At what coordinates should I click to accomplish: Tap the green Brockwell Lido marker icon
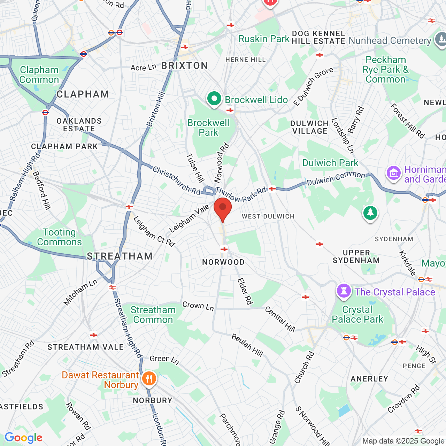[214, 99]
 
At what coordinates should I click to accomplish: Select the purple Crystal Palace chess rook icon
[344, 291]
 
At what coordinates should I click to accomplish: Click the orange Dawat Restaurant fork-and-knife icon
[149, 378]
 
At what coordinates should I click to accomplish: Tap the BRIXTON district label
[184, 66]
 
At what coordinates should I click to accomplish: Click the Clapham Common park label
[39, 75]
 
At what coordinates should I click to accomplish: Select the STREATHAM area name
[120, 256]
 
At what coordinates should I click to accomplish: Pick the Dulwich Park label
[330, 163]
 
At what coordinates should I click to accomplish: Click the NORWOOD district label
[223, 262]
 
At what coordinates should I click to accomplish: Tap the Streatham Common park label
[153, 315]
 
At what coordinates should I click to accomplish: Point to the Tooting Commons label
[59, 237]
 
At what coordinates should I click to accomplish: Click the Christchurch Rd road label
[177, 181]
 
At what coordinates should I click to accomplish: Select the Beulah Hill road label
[247, 345]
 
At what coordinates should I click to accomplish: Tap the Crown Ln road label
[198, 306]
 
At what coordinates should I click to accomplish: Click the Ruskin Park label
[264, 39]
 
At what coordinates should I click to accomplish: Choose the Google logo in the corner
[24, 438]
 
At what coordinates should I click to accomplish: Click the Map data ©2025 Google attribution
[403, 441]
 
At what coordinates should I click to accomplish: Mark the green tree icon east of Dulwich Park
[370, 213]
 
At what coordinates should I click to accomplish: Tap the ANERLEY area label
[369, 379]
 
